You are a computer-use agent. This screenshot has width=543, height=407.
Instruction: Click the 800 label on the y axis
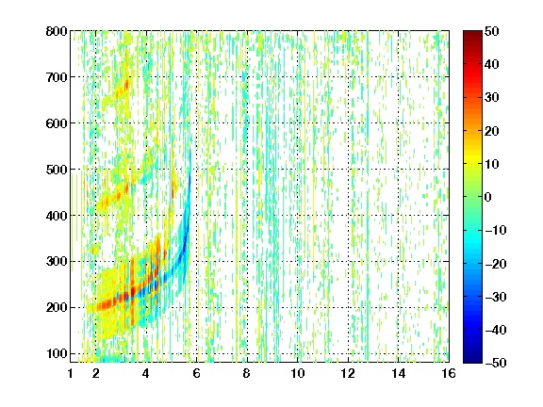point(57,31)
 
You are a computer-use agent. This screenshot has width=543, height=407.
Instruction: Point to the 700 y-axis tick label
point(57,77)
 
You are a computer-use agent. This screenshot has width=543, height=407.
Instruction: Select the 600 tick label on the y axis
point(57,123)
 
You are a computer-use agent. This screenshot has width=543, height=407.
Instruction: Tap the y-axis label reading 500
point(57,170)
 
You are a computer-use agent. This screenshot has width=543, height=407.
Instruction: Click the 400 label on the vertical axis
point(57,216)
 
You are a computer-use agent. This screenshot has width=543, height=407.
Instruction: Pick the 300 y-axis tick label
point(57,261)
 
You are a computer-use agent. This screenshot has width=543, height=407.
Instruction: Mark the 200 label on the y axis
point(57,307)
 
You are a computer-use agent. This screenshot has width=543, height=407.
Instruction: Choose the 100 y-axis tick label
point(57,353)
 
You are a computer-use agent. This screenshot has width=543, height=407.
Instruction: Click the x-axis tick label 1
point(71,373)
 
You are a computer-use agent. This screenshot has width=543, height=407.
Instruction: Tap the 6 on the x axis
point(196,373)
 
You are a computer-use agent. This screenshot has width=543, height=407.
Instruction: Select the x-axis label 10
point(298,373)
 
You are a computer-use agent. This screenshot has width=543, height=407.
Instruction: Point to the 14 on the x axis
point(399,373)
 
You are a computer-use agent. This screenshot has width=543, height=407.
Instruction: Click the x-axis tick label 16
point(449,373)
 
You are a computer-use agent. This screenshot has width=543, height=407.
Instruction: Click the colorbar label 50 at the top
point(492,31)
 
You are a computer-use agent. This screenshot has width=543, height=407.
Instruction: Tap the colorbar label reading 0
point(488,197)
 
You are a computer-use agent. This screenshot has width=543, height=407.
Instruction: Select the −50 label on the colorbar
point(496,363)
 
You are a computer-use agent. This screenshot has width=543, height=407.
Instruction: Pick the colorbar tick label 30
point(492,98)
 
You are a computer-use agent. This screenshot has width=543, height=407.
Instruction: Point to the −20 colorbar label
point(496,264)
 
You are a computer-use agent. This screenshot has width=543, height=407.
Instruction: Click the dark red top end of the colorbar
point(472,34)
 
